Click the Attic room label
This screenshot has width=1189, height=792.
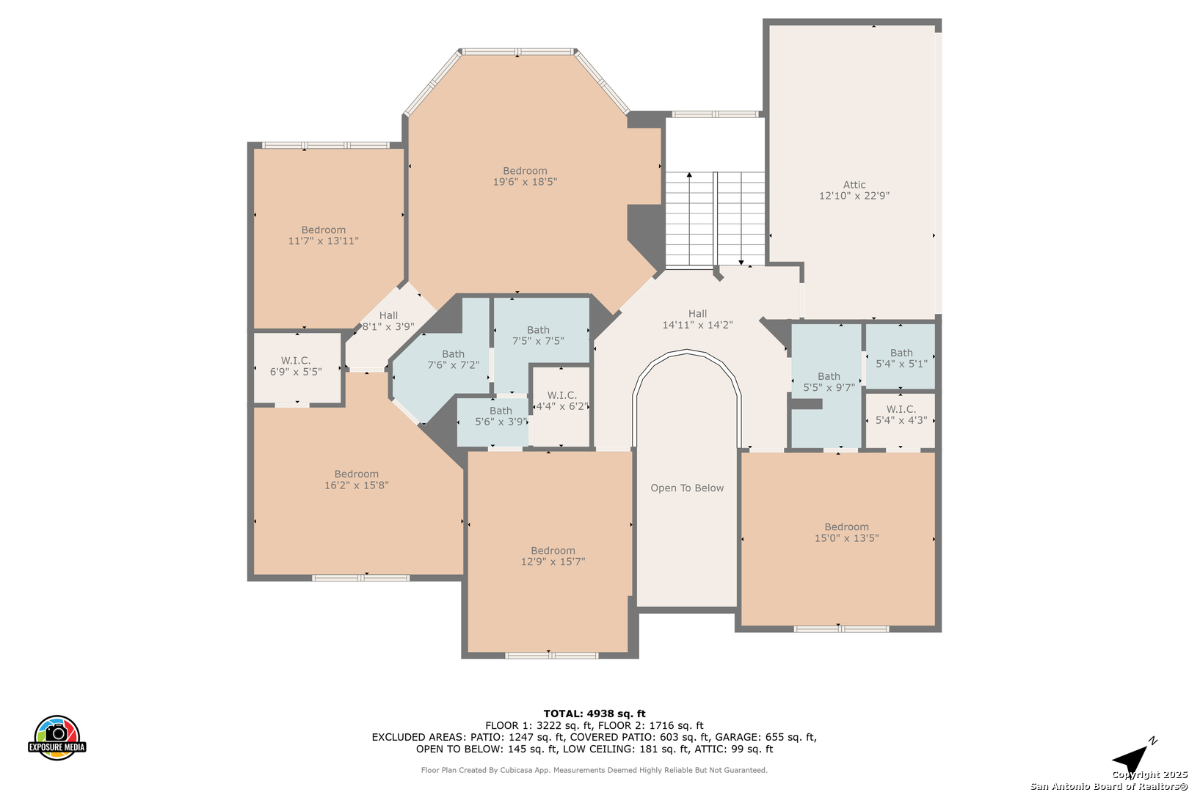click(854, 185)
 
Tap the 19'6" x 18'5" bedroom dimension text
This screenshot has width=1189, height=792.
click(525, 182)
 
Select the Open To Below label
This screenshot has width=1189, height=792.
click(687, 488)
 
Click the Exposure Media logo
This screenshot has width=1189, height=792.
click(57, 737)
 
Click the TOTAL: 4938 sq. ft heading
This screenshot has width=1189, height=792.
click(594, 714)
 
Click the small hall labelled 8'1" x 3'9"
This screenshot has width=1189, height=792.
click(388, 321)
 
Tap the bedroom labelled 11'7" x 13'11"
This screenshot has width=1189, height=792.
click(323, 235)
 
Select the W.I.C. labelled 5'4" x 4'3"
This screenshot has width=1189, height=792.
click(901, 414)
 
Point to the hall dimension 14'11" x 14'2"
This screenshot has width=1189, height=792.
click(697, 325)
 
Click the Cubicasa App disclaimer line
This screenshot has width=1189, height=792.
click(594, 770)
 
